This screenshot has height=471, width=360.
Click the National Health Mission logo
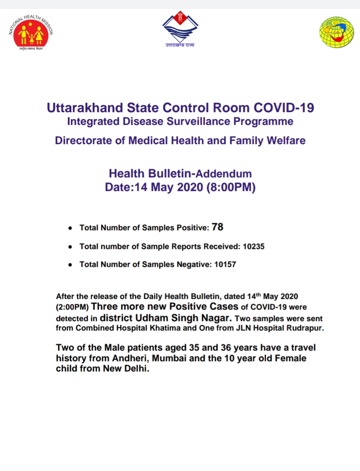click(31, 33)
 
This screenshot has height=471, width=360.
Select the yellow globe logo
click(337, 32)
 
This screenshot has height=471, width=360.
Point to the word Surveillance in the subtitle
click(192, 121)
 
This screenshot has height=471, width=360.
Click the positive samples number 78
click(217, 227)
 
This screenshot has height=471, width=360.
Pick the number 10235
click(254, 246)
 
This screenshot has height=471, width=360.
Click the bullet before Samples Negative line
click(70, 265)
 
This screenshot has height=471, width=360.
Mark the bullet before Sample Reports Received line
click(70, 247)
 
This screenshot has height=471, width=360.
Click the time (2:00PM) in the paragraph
click(72, 307)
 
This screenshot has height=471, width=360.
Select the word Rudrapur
click(304, 328)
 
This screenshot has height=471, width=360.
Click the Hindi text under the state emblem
click(180, 45)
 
